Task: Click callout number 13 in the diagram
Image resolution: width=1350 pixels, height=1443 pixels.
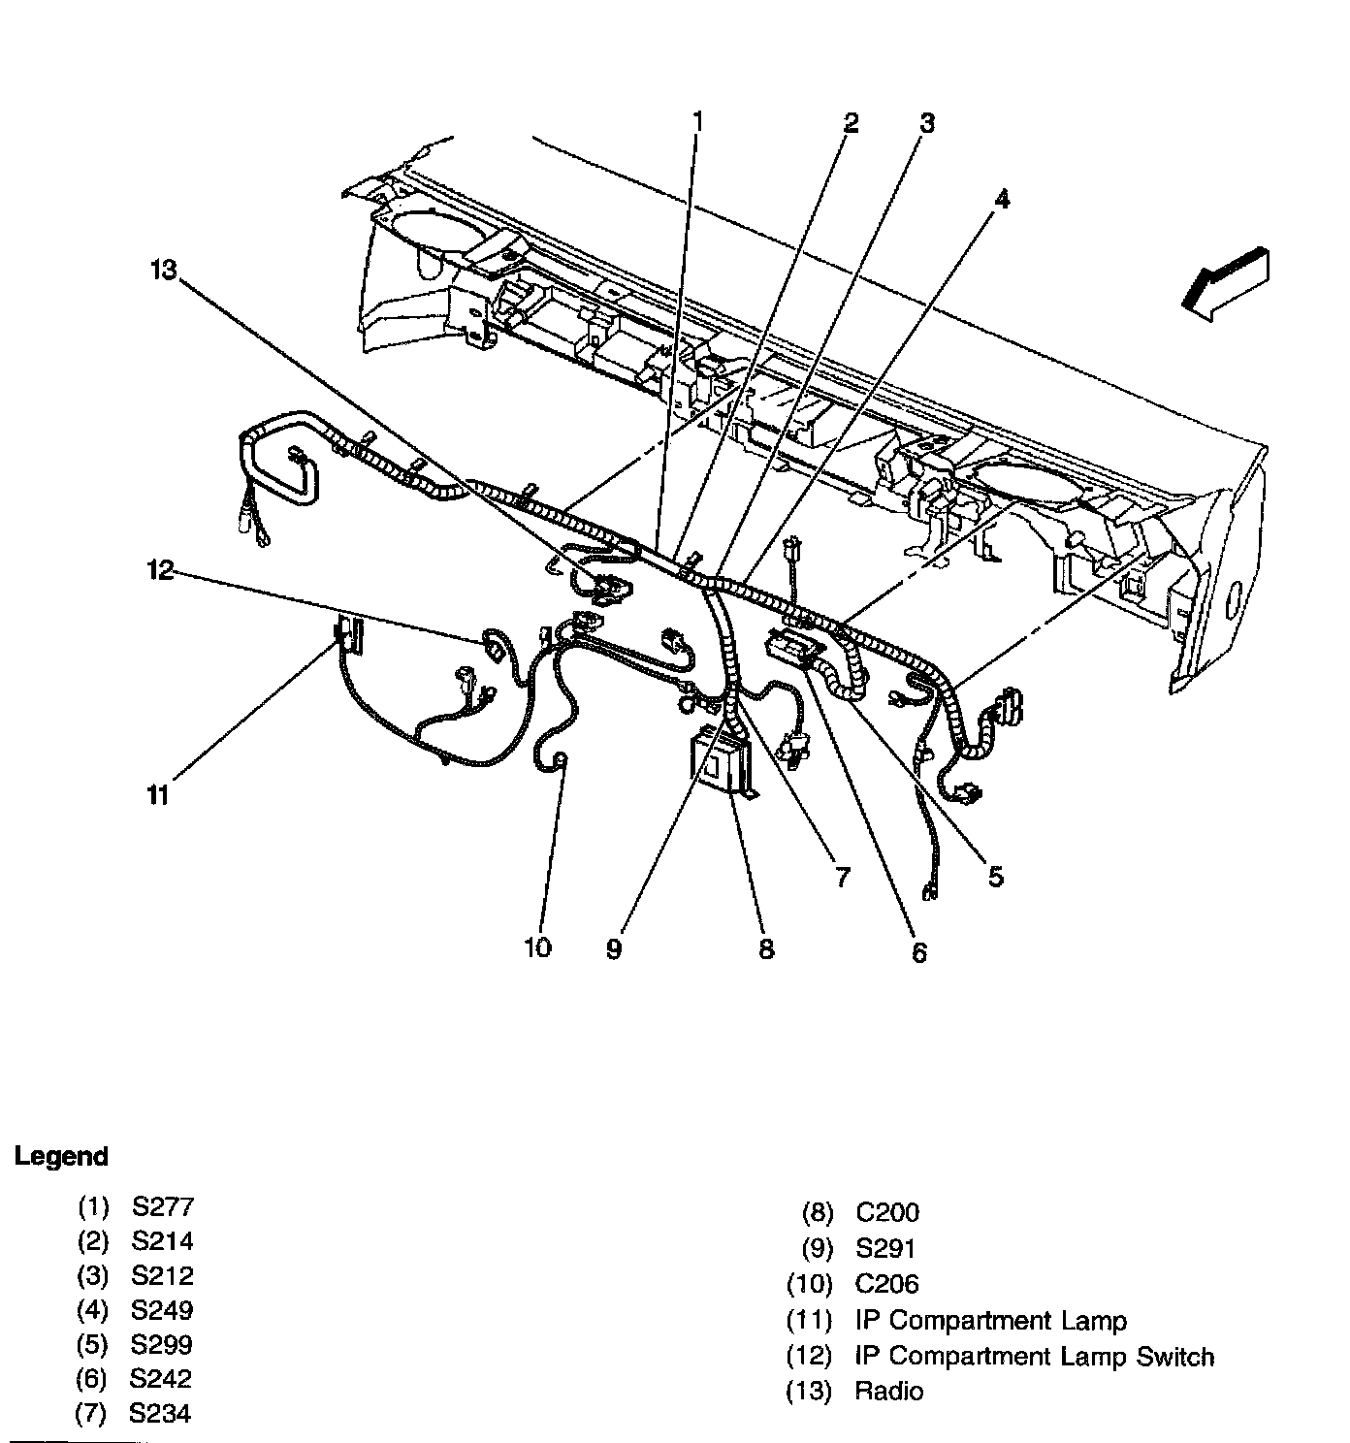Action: point(164,270)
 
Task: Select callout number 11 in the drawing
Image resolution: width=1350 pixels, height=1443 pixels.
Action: point(159,796)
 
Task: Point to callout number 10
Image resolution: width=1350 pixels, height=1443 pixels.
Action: point(537,946)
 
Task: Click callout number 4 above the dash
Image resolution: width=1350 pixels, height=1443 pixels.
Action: point(1001,199)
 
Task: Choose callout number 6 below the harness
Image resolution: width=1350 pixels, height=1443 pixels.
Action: point(918,952)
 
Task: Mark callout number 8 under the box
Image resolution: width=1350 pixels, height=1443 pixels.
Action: point(766,947)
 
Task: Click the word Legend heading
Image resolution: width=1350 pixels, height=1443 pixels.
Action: point(61,1156)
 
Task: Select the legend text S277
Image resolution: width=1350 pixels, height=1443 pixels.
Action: point(163,1207)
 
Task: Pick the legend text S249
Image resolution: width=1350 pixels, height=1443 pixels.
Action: point(162,1310)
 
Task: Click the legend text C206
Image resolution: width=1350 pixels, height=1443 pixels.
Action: point(886,1284)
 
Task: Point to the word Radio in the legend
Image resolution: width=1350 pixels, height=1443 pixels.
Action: point(889,1391)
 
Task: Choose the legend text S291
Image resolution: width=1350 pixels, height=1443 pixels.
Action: point(885,1248)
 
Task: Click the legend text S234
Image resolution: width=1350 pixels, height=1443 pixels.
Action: point(160,1413)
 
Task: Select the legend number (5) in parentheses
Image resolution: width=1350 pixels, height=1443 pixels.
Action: point(92,1345)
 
